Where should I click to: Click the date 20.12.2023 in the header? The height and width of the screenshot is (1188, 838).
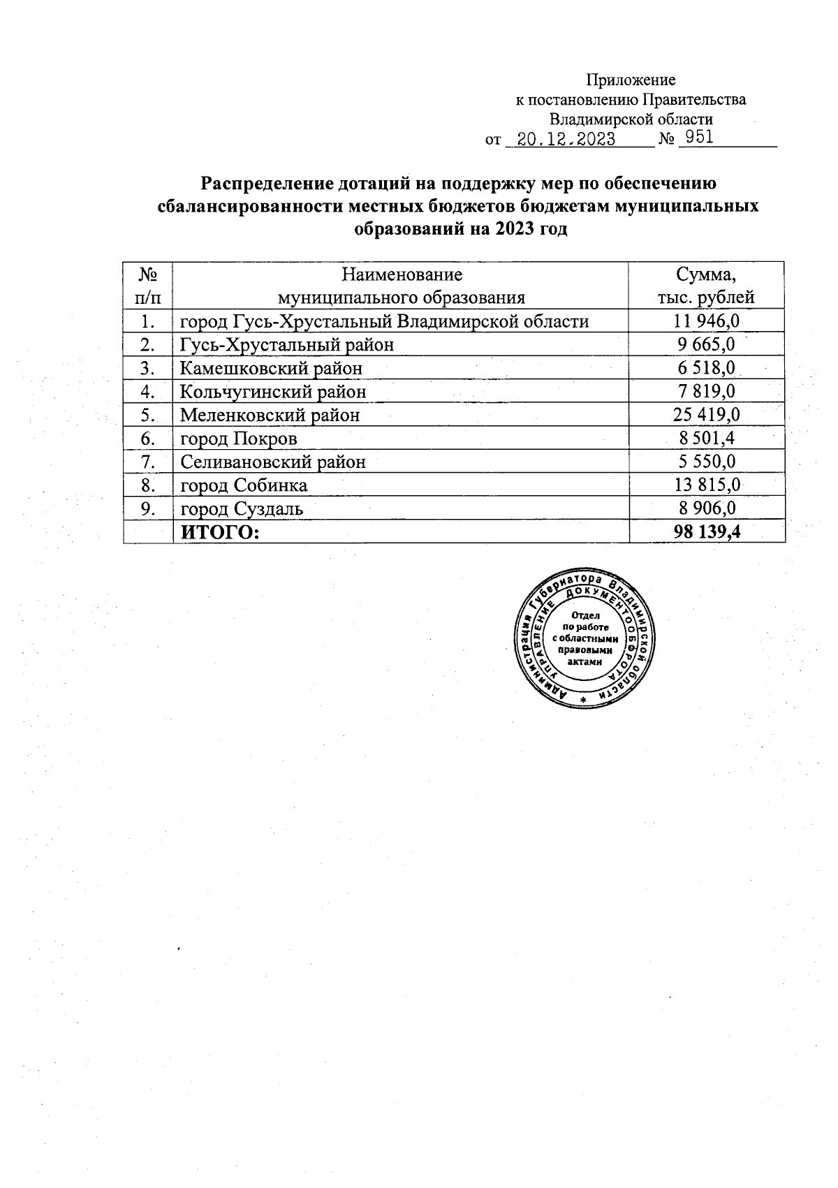pos(566,139)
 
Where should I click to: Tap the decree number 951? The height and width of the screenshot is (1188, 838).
pos(699,137)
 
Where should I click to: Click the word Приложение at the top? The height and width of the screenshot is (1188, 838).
pos(630,80)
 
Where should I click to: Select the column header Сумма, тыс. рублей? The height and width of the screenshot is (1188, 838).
pos(706,285)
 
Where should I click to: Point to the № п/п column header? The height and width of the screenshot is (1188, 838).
pos(147,285)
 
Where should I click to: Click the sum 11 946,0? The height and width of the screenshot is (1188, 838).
pos(706,321)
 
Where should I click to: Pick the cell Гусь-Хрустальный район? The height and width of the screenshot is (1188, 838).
pos(286,345)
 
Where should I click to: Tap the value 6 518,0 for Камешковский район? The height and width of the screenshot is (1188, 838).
pos(706,368)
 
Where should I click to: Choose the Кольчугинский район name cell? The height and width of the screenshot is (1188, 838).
pos(273,392)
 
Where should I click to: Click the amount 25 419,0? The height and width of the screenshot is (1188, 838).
pos(706,415)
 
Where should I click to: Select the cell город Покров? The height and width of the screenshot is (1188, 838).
pos(239,439)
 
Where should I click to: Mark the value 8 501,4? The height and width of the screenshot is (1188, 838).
pos(706,439)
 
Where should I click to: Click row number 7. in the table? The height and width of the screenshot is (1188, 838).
pos(147,462)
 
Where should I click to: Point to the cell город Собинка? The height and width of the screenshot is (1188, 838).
pos(244,485)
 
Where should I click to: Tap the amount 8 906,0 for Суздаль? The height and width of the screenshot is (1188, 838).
pos(706,508)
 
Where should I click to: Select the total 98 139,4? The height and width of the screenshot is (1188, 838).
pos(706,532)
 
